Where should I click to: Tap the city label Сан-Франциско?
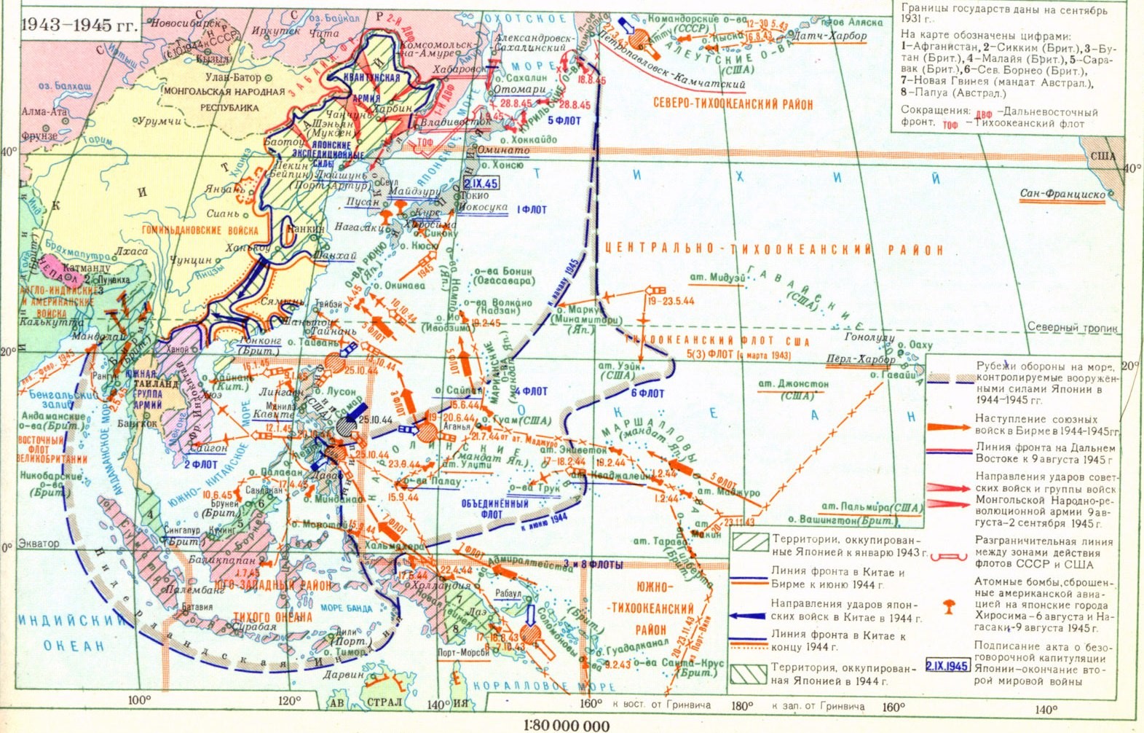tap(1062, 194)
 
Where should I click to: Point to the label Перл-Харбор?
tap(861, 359)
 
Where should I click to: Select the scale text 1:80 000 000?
tap(567, 725)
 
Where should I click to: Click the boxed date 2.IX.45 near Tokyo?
tap(481, 183)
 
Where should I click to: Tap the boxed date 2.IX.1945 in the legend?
tap(947, 666)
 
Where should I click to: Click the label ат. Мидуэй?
tap(719, 278)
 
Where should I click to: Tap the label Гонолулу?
tap(869, 338)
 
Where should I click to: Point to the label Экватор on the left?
tap(39, 544)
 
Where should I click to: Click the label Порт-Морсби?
tap(462, 653)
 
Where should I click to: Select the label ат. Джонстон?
tap(794, 383)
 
